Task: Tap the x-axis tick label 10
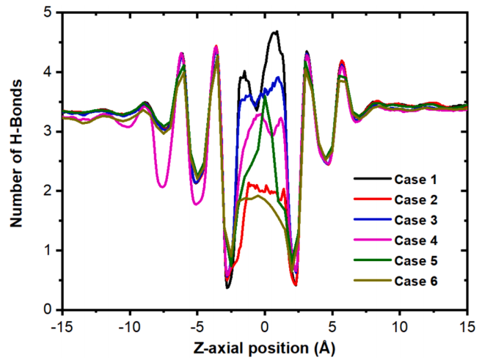tap(400, 323)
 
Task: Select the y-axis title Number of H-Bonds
tap(15, 161)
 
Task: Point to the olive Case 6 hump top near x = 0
tap(259, 195)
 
